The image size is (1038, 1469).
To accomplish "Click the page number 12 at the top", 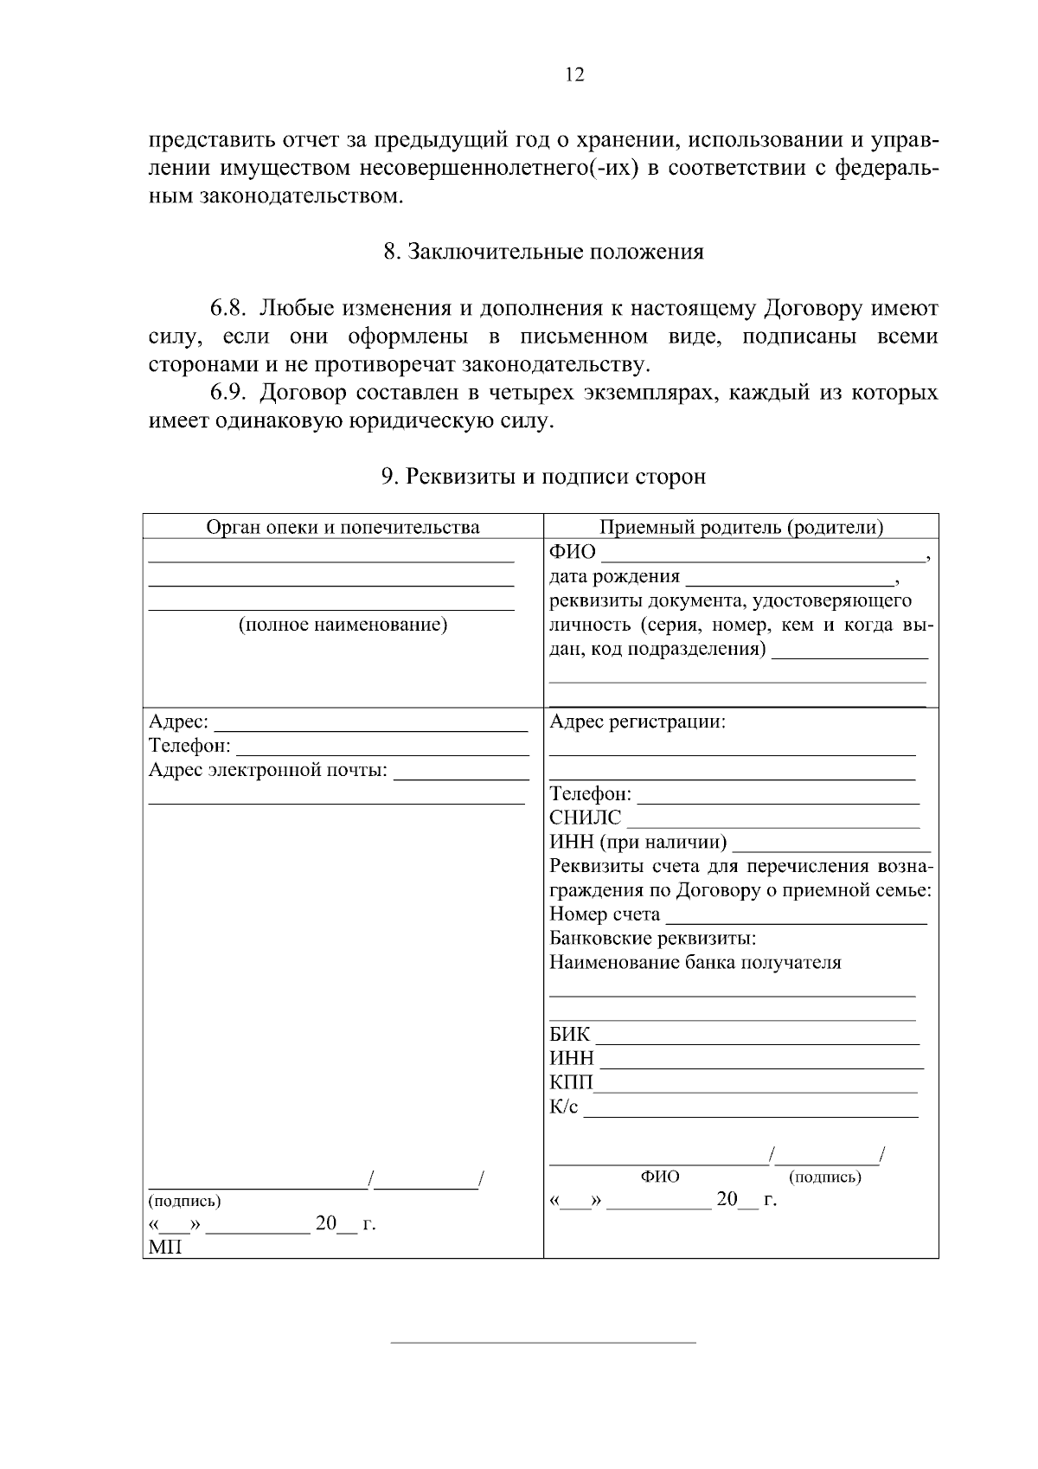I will tap(574, 74).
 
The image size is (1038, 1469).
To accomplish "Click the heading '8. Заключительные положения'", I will tap(543, 252).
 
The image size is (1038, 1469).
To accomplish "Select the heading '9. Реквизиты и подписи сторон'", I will tap(543, 476).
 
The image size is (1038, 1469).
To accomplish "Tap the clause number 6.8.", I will tap(230, 308).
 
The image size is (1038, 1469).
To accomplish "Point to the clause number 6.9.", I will tap(230, 393).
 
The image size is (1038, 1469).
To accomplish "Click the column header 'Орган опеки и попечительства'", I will tap(343, 527).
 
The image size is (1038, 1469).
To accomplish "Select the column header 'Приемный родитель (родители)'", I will tap(741, 527).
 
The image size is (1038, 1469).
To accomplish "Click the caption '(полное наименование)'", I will tap(343, 625).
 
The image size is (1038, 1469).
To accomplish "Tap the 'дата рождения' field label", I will tap(614, 576).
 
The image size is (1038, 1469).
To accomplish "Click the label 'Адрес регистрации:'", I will tap(638, 722).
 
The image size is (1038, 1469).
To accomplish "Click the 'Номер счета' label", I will tap(604, 914).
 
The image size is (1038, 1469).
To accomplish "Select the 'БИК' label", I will tap(569, 1035).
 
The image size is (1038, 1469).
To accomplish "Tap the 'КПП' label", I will tap(571, 1083).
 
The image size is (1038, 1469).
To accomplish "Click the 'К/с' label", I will tap(564, 1107).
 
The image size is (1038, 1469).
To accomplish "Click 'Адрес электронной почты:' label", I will tap(268, 770).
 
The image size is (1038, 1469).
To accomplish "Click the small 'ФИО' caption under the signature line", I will tap(660, 1177).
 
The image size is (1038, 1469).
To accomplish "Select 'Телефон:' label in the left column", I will tap(189, 746).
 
